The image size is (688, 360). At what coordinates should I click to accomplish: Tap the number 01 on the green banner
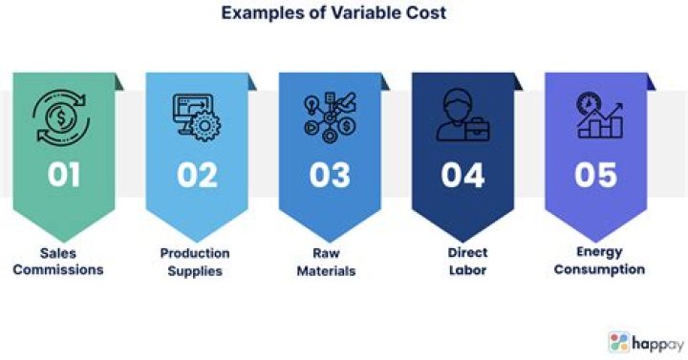[x=64, y=174]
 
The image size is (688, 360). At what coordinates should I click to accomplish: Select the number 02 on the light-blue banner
[x=196, y=174]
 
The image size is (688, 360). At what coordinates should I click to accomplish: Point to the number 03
[x=330, y=174]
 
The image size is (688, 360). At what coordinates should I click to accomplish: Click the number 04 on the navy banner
[x=462, y=174]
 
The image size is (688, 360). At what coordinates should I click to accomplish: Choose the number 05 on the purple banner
[x=596, y=174]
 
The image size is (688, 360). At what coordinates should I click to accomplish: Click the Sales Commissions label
[x=64, y=261]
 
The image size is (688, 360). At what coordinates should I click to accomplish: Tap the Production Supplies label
[x=195, y=261]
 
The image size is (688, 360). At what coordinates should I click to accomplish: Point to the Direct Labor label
[x=462, y=262]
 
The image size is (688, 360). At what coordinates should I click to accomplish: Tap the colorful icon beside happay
[x=618, y=342]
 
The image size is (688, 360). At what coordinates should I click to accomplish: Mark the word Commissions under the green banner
[x=64, y=269]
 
